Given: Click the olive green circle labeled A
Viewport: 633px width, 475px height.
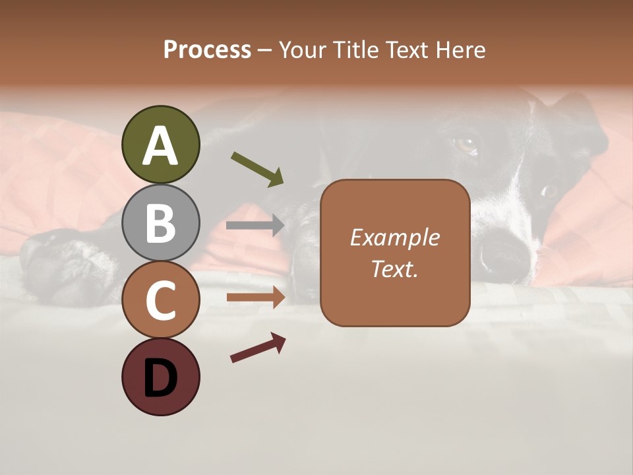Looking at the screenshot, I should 160,144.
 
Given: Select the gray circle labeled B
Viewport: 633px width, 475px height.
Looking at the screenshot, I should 160,222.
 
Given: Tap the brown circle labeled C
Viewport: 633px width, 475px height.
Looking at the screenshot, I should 160,300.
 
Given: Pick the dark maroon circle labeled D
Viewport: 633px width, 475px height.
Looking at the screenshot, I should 160,377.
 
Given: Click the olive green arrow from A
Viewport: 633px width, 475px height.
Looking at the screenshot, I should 258,169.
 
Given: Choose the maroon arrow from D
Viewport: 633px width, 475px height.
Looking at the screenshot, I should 258,348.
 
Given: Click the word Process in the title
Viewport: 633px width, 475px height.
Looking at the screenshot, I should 207,49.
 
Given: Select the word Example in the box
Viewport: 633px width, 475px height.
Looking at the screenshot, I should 395,237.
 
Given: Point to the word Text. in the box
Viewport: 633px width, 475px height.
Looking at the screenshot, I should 395,269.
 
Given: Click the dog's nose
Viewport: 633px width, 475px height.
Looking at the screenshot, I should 504,254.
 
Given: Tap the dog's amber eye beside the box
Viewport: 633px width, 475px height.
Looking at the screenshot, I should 467,144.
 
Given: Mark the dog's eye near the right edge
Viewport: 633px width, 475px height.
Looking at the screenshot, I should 549,191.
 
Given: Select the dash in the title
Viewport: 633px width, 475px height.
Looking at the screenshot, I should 265,50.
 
